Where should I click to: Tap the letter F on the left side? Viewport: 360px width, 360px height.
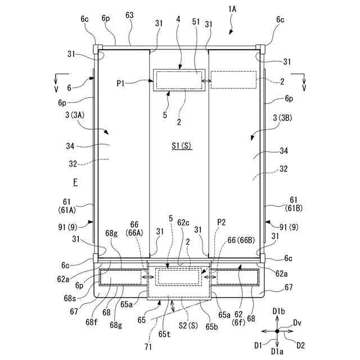click(74, 183)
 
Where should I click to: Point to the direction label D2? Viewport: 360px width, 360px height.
click(300, 344)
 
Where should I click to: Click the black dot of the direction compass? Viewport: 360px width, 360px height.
click(277, 331)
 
